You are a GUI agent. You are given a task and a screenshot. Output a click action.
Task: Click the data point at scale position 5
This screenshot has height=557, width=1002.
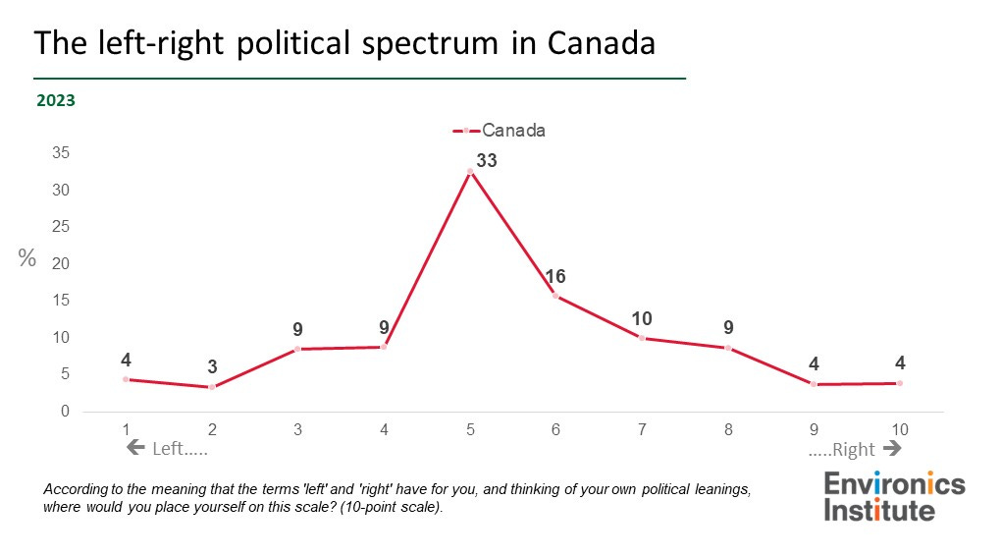(x=470, y=171)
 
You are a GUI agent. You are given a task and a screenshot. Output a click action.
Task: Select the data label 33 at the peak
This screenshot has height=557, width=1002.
(x=487, y=159)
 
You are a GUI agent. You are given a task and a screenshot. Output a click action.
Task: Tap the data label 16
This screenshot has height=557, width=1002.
(x=556, y=276)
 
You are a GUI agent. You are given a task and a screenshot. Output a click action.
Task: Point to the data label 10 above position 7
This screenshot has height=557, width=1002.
(x=641, y=318)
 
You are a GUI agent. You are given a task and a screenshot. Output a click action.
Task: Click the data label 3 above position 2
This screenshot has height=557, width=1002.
(x=212, y=367)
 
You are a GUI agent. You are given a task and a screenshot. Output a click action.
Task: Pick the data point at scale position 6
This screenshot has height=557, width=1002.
(x=555, y=296)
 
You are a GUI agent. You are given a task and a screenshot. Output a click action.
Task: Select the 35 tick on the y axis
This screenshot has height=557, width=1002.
(x=61, y=153)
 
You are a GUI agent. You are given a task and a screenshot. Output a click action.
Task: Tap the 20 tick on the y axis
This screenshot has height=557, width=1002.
(x=61, y=263)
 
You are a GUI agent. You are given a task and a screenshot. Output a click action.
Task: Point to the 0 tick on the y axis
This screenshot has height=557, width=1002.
(x=65, y=412)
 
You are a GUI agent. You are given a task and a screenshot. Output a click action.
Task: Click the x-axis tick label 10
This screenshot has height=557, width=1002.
(x=899, y=428)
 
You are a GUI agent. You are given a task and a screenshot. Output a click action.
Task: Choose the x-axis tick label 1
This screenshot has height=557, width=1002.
(x=126, y=428)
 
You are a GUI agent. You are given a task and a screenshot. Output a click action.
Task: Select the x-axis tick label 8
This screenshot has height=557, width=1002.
(x=727, y=428)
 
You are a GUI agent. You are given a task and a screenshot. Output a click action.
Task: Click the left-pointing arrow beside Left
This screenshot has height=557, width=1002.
(x=135, y=449)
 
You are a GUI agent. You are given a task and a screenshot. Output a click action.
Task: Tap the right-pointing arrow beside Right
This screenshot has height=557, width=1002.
(x=892, y=449)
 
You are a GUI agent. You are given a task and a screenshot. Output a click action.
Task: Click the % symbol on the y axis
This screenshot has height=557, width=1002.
(x=27, y=258)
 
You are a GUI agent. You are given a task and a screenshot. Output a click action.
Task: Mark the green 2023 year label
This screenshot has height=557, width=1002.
(x=56, y=99)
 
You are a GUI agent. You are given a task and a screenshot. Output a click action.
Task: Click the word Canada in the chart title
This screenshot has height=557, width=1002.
(x=602, y=43)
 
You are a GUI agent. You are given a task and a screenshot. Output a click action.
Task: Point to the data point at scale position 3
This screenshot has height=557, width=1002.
(x=297, y=349)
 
